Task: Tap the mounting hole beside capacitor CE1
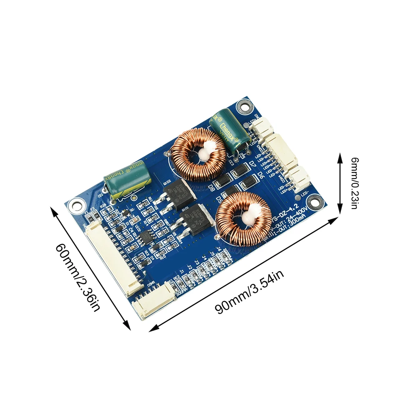[x=76, y=204]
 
